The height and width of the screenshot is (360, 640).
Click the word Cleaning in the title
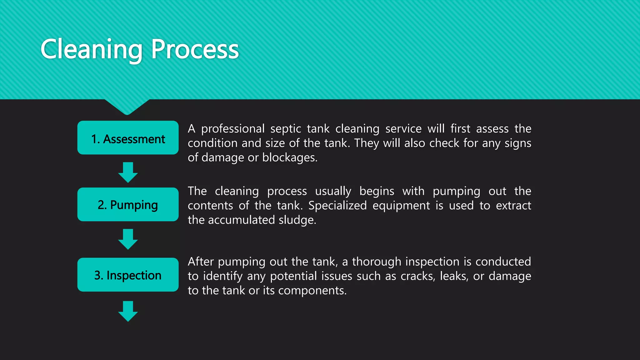tap(91, 49)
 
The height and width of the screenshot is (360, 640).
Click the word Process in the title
tap(195, 49)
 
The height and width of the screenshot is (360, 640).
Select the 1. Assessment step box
tap(128, 138)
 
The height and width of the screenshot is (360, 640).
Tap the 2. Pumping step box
tap(128, 205)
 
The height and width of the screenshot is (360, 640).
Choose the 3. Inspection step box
tap(128, 275)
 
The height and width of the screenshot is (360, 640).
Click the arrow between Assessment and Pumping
tap(128, 172)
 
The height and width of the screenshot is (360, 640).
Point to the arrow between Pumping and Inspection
tap(128, 239)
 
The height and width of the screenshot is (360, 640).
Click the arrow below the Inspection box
tap(128, 311)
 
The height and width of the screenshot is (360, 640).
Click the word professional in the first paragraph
tap(233, 129)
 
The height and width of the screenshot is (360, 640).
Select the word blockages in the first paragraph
tap(289, 157)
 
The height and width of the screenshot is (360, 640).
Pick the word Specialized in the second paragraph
tap(337, 206)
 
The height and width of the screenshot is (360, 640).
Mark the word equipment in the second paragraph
tap(401, 206)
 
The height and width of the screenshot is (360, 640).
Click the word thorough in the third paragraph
tap(377, 262)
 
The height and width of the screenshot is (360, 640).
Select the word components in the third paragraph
tap(312, 291)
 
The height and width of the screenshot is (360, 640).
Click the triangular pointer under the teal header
tap(127, 106)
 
